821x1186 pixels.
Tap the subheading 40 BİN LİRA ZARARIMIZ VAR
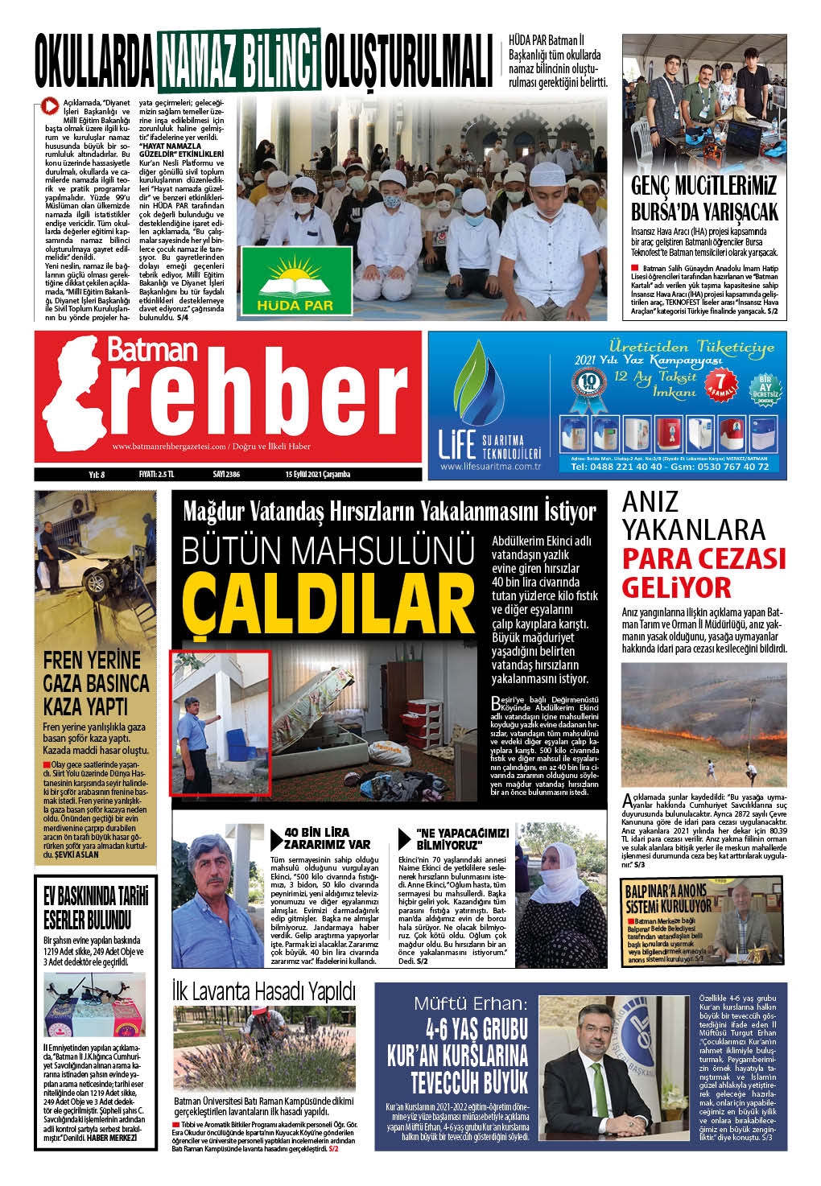[x=328, y=838]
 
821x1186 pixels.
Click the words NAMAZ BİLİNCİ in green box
[x=239, y=61]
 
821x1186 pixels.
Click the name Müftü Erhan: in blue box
[x=469, y=1003]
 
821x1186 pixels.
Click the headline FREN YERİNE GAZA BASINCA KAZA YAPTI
[x=96, y=683]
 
